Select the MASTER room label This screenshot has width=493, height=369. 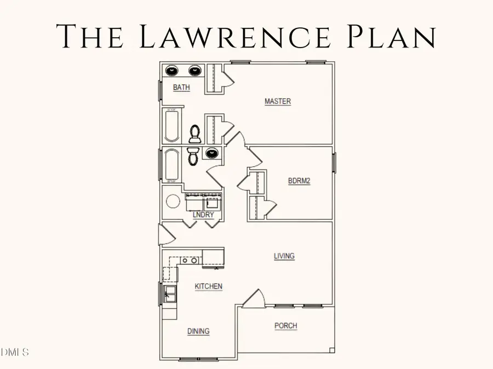(x=278, y=101)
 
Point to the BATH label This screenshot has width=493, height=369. (x=181, y=87)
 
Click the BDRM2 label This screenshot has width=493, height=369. (x=299, y=181)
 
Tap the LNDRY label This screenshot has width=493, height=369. (x=203, y=215)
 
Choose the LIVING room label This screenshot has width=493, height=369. (x=284, y=256)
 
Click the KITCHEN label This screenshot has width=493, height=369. (x=209, y=286)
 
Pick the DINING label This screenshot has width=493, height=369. (x=198, y=331)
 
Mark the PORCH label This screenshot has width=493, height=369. (x=285, y=326)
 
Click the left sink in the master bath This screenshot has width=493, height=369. (x=172, y=71)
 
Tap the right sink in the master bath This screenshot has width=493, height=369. (x=195, y=71)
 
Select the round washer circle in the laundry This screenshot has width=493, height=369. (x=173, y=202)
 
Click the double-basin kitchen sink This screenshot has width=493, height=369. (x=169, y=294)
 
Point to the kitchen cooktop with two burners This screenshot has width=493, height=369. (x=190, y=261)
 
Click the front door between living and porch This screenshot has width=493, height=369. (x=254, y=300)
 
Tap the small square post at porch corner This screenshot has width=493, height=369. (x=331, y=349)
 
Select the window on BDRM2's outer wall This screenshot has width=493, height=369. (x=334, y=163)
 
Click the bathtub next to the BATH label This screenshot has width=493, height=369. (x=171, y=125)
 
